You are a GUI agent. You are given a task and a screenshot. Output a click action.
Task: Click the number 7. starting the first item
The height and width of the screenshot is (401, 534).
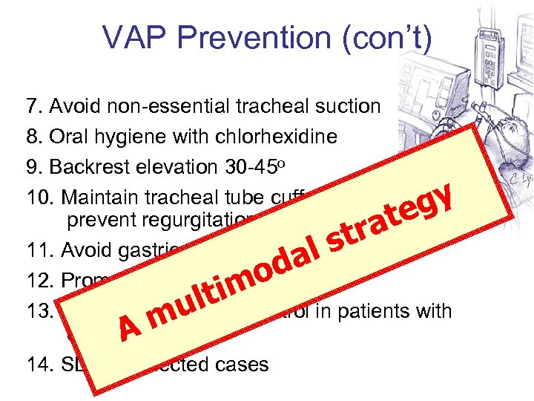34,106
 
